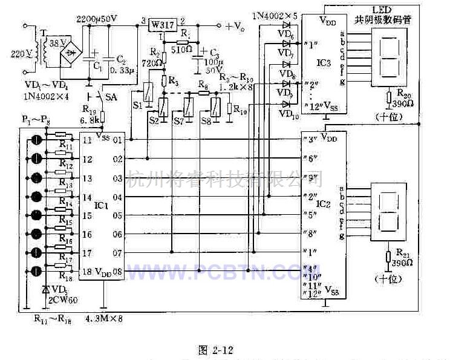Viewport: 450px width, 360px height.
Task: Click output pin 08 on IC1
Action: pyautogui.click(x=117, y=272)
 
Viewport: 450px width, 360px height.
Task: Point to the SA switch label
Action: pyautogui.click(x=111, y=97)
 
